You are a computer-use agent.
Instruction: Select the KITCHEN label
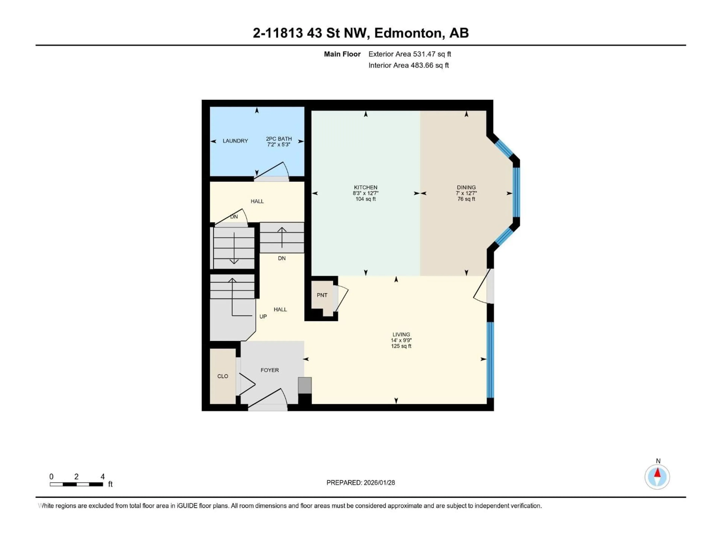tap(365, 187)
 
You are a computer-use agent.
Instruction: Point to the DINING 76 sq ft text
tap(466, 199)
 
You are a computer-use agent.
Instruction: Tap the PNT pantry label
tap(322, 295)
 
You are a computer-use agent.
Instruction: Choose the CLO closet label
tap(223, 376)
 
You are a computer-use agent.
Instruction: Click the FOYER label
tap(270, 370)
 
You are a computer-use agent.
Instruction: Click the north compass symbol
tap(657, 477)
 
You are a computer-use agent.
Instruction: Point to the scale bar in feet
tap(76, 484)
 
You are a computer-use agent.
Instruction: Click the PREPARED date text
tap(360, 483)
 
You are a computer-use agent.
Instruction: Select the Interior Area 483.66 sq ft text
tap(408, 65)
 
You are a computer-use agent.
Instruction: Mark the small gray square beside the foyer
tap(305, 385)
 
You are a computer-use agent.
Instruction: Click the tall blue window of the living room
tap(490, 360)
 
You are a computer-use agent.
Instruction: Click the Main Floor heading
tap(342, 54)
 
